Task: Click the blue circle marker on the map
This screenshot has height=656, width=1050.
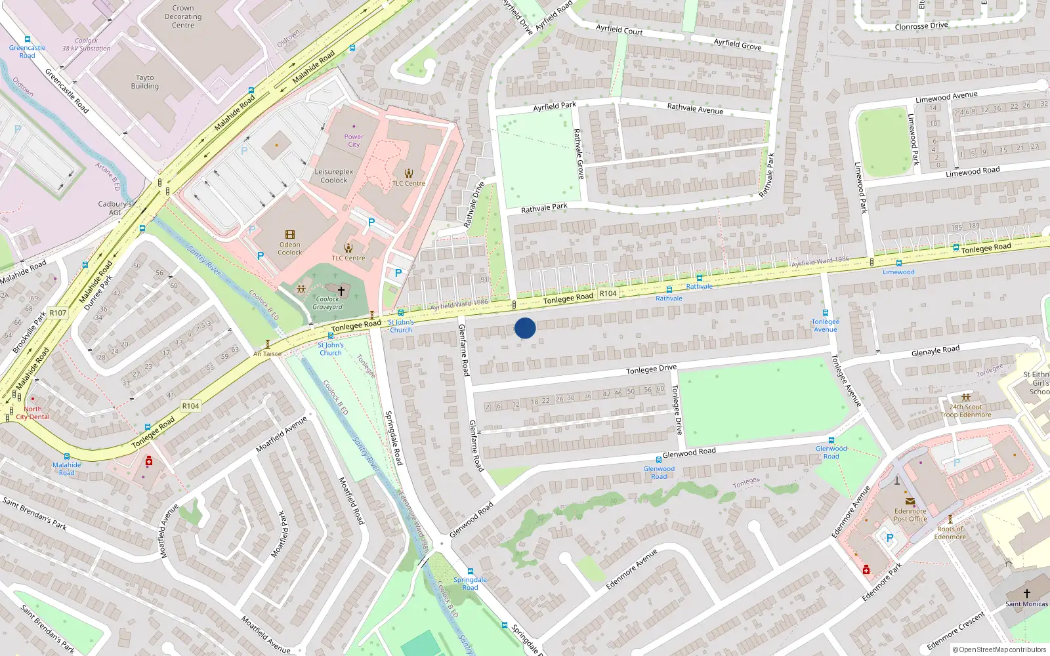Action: click(525, 327)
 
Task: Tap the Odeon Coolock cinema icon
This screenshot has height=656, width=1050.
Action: click(290, 235)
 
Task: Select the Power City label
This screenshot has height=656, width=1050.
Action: click(354, 140)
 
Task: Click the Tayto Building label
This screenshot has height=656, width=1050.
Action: click(145, 81)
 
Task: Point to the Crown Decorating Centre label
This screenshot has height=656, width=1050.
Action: click(183, 16)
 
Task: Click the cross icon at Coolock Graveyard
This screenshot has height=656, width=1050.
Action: click(341, 291)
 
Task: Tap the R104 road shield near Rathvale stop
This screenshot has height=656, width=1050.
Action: click(608, 293)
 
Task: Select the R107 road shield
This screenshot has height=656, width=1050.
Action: click(58, 313)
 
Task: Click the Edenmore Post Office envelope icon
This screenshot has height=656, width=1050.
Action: click(910, 501)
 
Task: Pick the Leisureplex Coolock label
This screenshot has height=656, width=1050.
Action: click(334, 176)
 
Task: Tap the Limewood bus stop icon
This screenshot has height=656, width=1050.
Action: click(898, 263)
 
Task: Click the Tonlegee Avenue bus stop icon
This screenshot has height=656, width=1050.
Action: click(826, 313)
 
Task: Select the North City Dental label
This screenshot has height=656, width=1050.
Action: click(33, 413)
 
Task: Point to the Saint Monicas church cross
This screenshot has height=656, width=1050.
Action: click(1027, 593)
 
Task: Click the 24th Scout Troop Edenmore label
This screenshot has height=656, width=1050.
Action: click(965, 411)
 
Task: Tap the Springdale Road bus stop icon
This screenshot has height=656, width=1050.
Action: click(471, 571)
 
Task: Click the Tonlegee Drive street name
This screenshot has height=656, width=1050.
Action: click(651, 370)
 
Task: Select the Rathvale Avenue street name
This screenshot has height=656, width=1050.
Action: click(695, 109)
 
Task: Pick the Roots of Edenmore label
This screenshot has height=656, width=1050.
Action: click(950, 533)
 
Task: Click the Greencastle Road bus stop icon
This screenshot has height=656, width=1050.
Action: click(28, 39)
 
